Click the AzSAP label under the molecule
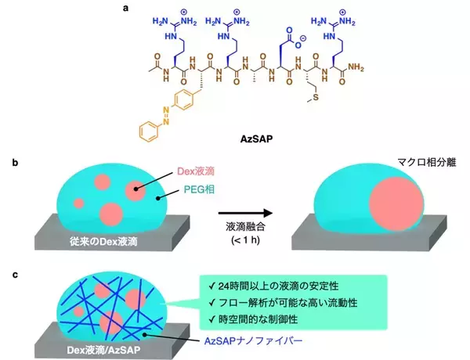(x=257, y=139)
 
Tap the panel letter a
(x=125, y=8)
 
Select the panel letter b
(x=15, y=163)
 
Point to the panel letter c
(x=15, y=275)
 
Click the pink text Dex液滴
(x=196, y=171)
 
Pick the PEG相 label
(x=199, y=189)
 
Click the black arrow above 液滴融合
(x=245, y=213)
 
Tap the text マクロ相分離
(x=427, y=162)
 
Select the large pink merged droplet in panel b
(x=396, y=204)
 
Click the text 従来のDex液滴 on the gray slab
(x=103, y=241)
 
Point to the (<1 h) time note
(x=245, y=240)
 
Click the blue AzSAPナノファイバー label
(x=254, y=341)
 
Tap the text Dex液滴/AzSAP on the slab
(x=103, y=350)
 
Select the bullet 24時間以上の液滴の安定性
(x=273, y=286)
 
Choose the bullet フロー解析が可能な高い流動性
(x=284, y=303)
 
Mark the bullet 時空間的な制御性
(x=253, y=319)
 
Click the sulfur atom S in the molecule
(x=316, y=98)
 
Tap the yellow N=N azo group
(x=166, y=116)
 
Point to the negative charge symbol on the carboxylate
(x=303, y=38)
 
